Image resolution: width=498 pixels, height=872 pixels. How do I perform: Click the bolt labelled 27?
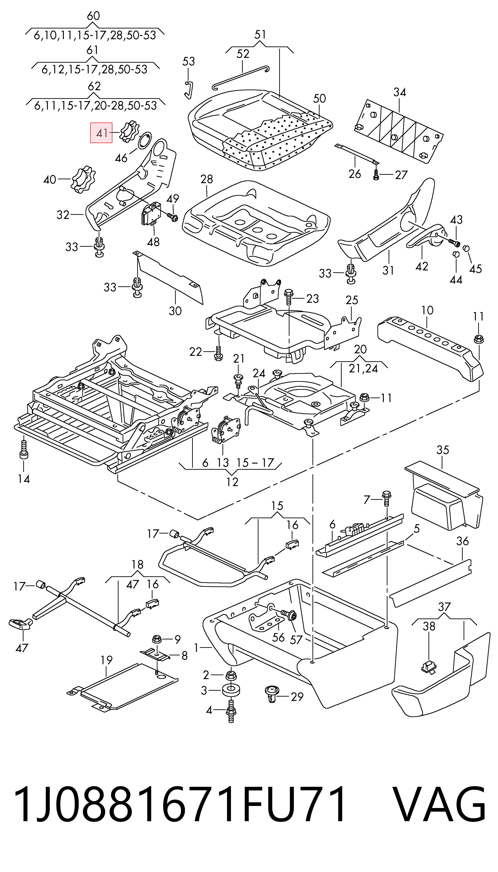pos(376,175)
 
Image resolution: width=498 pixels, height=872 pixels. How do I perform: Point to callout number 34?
pos(400,92)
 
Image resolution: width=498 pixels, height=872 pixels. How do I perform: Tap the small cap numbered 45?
pos(466,247)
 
